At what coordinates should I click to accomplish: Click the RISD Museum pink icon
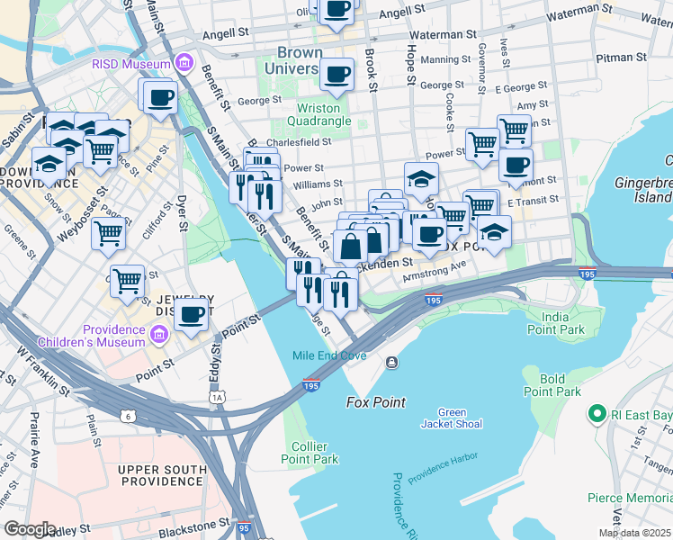point(184,64)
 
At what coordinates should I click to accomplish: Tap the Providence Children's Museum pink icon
point(159,335)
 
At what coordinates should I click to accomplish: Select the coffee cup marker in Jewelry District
point(191,314)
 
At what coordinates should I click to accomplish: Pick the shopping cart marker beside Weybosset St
point(108,233)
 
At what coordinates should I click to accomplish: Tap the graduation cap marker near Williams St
point(420,178)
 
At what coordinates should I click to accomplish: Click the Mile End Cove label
point(329,355)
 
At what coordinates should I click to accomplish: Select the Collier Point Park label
point(314,453)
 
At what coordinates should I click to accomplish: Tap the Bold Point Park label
point(552,385)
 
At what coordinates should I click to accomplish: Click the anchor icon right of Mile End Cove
point(391,363)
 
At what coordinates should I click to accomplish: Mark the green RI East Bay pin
point(595,415)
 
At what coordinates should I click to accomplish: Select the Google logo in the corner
point(30,528)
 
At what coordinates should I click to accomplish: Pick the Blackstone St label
point(188,524)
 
